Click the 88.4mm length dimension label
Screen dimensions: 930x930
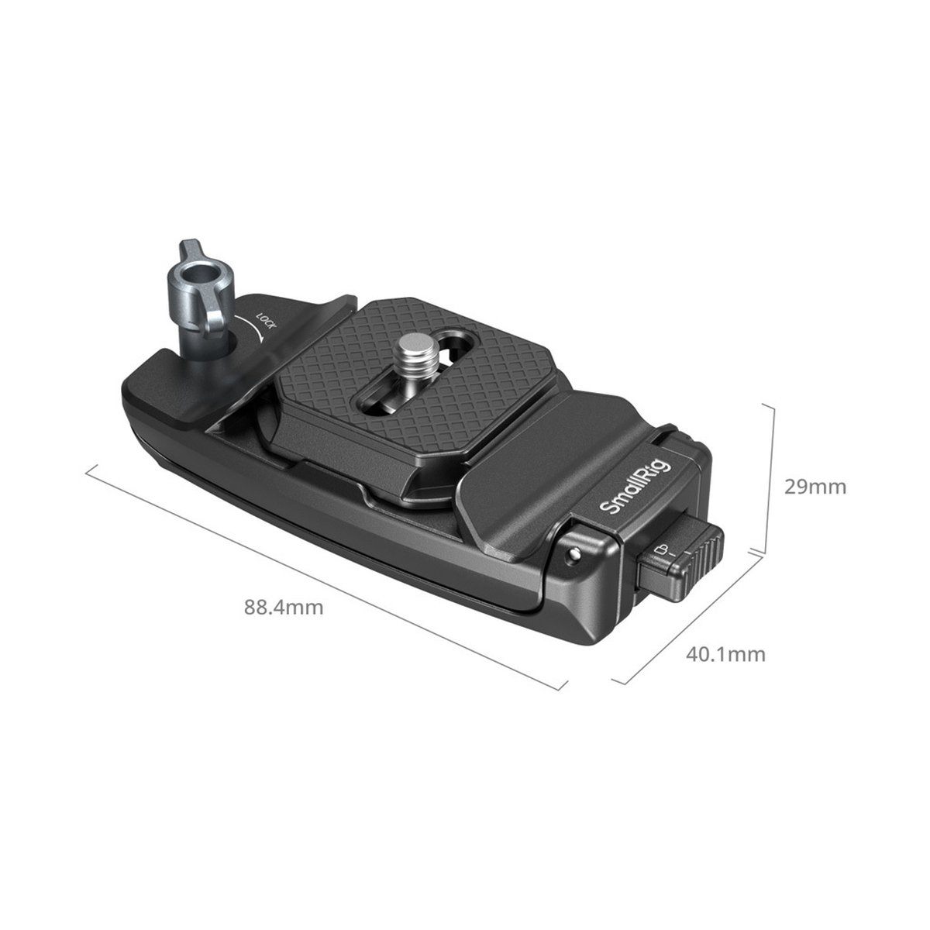284,607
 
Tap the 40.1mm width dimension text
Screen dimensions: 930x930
725,654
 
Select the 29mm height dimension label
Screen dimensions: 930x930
815,487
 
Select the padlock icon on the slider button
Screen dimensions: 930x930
663,551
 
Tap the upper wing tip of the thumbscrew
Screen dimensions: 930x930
188,250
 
